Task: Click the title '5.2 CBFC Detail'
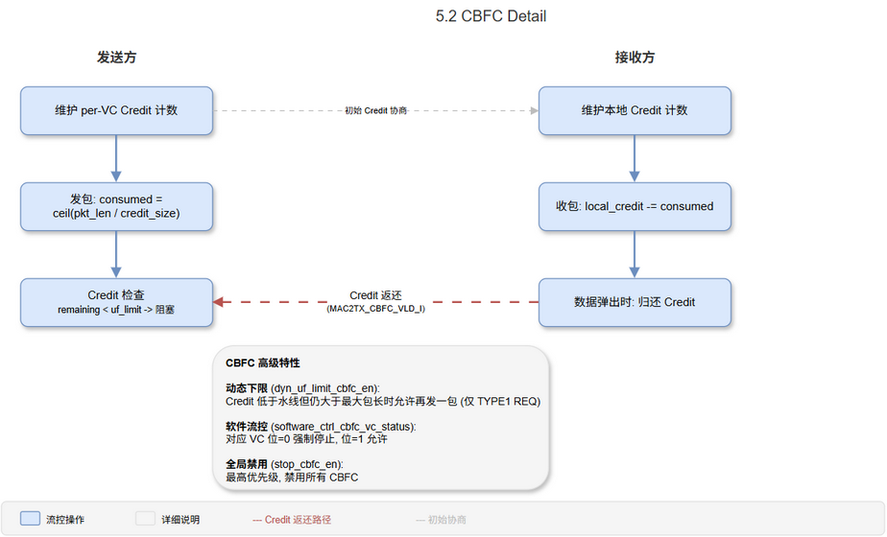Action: (491, 16)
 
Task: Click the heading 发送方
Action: (116, 58)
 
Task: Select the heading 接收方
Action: (635, 58)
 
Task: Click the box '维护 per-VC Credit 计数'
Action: (116, 110)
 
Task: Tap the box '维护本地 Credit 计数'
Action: (635, 110)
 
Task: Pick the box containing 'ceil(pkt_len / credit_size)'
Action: (116, 206)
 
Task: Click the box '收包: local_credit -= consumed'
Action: (635, 206)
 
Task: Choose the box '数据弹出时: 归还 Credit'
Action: (635, 302)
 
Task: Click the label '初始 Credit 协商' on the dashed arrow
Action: (375, 111)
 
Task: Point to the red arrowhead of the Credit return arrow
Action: (219, 302)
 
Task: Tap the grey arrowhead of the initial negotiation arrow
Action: (533, 110)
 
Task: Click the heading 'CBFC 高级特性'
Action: (262, 363)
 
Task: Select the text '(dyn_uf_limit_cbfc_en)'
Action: (325, 387)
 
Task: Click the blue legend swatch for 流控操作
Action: (30, 519)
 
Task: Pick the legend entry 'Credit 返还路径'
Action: (298, 520)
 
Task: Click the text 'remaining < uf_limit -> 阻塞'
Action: (116, 311)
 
